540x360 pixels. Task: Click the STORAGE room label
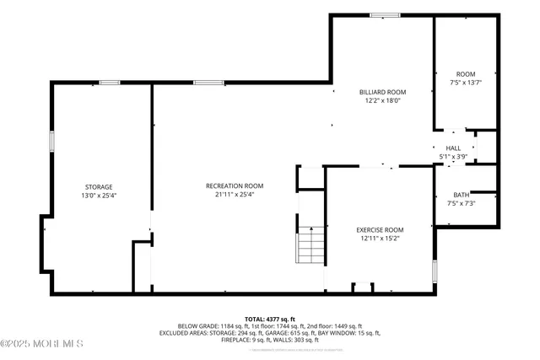(98, 186)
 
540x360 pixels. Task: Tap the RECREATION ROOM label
(235, 185)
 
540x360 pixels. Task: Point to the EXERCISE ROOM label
(380, 229)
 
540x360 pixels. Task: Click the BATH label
(461, 194)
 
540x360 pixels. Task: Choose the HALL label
(453, 148)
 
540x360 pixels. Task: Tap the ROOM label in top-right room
(466, 74)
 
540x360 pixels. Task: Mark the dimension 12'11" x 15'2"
(380, 238)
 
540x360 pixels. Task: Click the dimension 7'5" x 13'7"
(466, 83)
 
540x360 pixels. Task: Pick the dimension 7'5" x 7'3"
(461, 202)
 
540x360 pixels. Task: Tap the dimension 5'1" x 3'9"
(453, 156)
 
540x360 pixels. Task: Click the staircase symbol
(310, 245)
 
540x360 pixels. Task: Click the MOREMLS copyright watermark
(42, 343)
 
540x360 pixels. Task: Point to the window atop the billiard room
(385, 14)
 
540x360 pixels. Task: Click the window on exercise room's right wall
(434, 271)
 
